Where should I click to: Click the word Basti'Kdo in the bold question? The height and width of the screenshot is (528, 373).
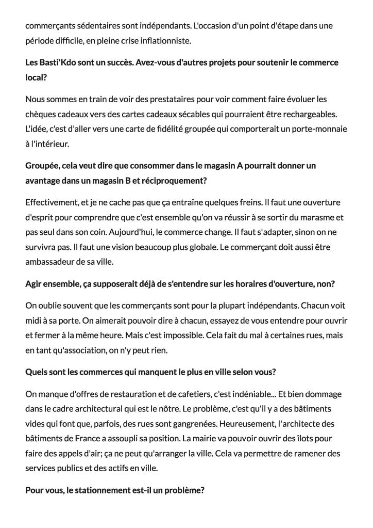coord(56,62)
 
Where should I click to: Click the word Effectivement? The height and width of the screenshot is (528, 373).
coord(50,202)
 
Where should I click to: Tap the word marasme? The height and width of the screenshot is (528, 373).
coord(315,217)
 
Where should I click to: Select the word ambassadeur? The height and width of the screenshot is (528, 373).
coord(50,262)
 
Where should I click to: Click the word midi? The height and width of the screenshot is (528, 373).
coord(33,321)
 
